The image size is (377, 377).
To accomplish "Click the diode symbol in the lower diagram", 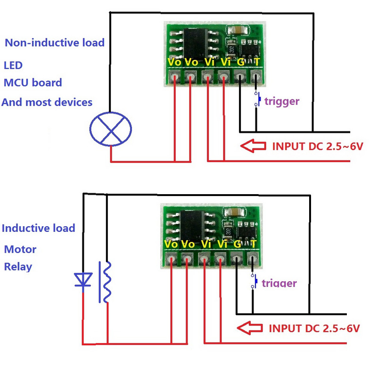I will coord(84,280).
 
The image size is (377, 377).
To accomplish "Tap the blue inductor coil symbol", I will coord(107,282).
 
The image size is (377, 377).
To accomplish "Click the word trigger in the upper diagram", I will coord(281,100).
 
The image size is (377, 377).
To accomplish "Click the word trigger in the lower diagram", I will coord(279,283).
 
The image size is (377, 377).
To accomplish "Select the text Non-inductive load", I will coord(54,43).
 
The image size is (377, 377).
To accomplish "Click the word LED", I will coord(13,65).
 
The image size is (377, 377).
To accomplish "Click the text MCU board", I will coord(33,83).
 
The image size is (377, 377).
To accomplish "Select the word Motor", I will coord(20,249).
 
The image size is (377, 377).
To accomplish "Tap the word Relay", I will coord(18,267).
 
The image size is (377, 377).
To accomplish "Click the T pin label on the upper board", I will coord(257,62).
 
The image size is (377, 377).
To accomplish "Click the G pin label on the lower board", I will coord(237,244).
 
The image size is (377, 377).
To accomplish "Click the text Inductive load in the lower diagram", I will coord(38,228).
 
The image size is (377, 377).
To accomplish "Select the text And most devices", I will coord(47,102).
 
